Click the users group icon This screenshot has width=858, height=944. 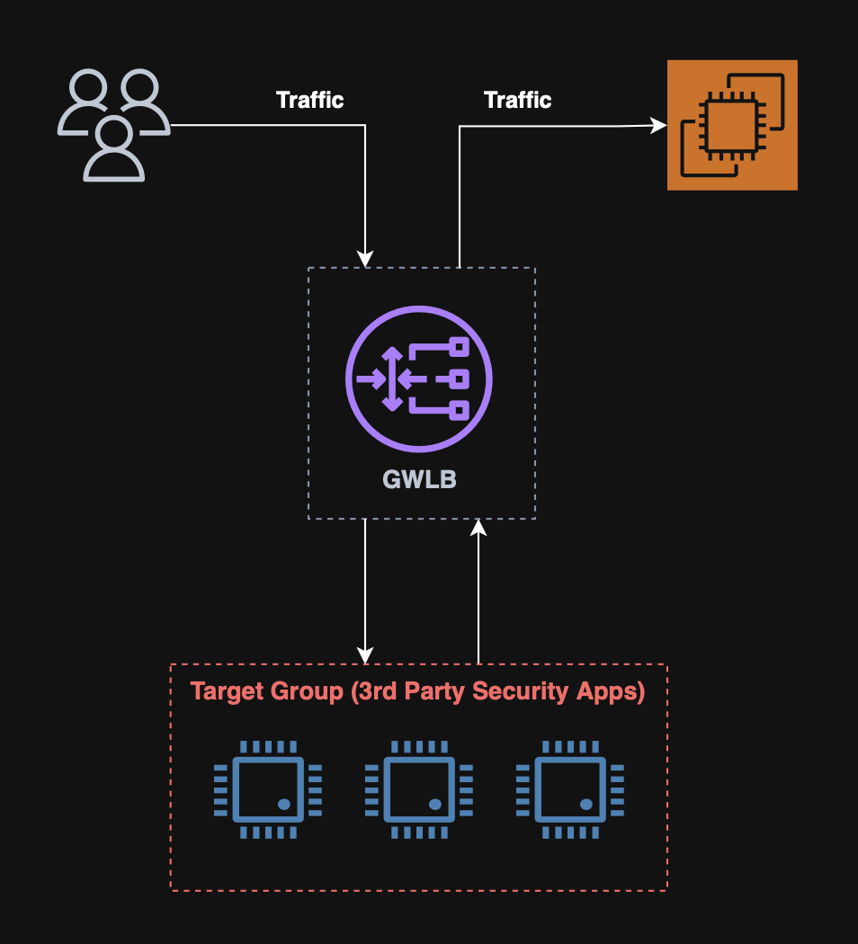pyautogui.click(x=113, y=125)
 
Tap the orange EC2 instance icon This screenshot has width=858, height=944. pyautogui.click(x=732, y=125)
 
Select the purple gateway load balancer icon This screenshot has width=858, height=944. pyautogui.click(x=419, y=378)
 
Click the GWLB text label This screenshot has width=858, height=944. pyautogui.click(x=419, y=479)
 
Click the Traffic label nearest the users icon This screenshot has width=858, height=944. pyautogui.click(x=309, y=100)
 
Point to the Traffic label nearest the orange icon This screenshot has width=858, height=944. pyautogui.click(x=517, y=100)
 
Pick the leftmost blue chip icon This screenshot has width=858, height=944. pyautogui.click(x=267, y=789)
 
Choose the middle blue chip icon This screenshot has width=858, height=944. pyautogui.click(x=418, y=789)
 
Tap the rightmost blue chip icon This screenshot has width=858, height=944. pyautogui.click(x=569, y=789)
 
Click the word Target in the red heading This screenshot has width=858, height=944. pyautogui.click(x=226, y=691)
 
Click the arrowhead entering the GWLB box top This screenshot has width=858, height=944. pyautogui.click(x=365, y=259)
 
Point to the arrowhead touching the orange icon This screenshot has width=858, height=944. pyautogui.click(x=658, y=126)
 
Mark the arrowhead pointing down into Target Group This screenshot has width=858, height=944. pyautogui.click(x=365, y=654)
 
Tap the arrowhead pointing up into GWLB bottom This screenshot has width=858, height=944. pyautogui.click(x=478, y=529)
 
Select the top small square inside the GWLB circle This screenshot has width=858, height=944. pyautogui.click(x=460, y=346)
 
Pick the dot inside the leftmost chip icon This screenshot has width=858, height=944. pyautogui.click(x=283, y=804)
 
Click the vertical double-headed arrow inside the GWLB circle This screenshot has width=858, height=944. pyautogui.click(x=392, y=378)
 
